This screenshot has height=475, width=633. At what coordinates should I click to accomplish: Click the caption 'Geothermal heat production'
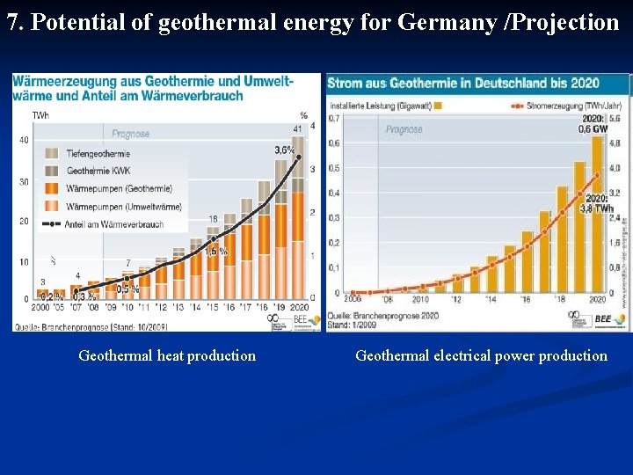[167, 356]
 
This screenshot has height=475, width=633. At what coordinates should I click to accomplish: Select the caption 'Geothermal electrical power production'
[481, 356]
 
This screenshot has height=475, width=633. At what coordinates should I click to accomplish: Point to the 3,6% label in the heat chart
[284, 150]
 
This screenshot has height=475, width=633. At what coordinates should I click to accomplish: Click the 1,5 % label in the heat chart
[216, 251]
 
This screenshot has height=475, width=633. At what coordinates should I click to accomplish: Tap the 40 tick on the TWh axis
[23, 140]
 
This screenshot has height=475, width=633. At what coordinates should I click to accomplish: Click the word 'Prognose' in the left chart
[131, 134]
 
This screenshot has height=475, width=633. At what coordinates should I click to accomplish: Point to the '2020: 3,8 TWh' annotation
[597, 203]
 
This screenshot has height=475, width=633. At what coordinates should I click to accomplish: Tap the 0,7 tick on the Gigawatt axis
[334, 118]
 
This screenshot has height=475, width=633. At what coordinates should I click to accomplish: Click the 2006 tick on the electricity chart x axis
[353, 299]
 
